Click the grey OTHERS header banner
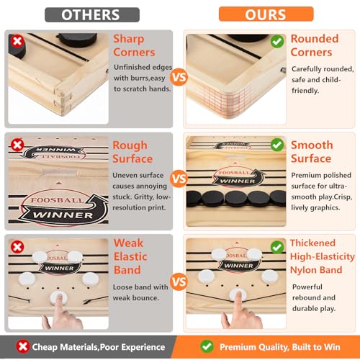click(92, 14)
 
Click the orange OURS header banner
click(266, 14)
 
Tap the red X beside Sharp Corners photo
click(17, 41)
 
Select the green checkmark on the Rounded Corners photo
click(277, 41)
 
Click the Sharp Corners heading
click(134, 45)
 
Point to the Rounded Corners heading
click(315, 45)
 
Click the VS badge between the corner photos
click(179, 77)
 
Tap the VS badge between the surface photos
click(179, 179)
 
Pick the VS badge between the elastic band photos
click(179, 282)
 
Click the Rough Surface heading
click(132, 152)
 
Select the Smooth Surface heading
click(312, 152)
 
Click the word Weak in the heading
click(128, 243)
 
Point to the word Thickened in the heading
click(312, 243)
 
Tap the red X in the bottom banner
click(23, 346)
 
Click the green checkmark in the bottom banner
click(207, 346)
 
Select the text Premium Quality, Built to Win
click(280, 347)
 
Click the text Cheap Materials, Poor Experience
click(99, 347)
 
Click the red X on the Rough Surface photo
click(17, 145)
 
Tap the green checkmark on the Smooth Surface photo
click(277, 145)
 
